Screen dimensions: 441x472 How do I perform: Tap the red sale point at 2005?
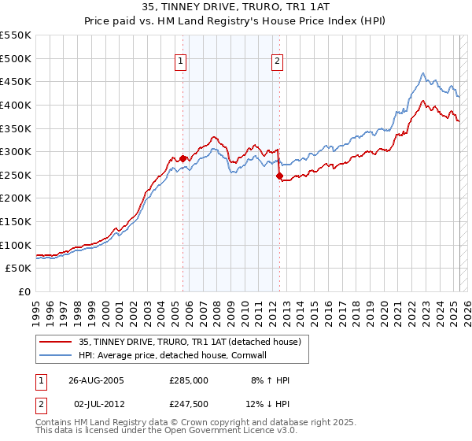[183, 158]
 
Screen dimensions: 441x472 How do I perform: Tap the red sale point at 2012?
[278, 176]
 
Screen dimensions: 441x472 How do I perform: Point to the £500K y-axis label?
[16, 58]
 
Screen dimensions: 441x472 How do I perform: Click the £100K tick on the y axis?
[16, 245]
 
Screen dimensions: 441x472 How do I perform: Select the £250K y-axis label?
[16, 175]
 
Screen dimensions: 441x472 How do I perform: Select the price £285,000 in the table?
[189, 380]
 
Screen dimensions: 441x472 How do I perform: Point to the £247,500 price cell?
[189, 404]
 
